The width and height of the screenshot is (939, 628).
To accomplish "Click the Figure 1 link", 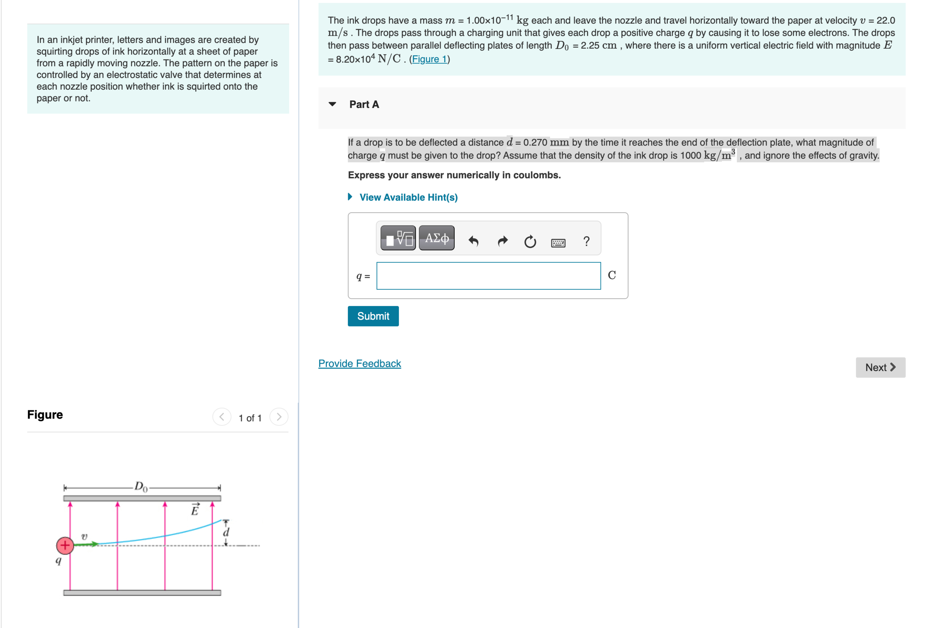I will click(429, 59).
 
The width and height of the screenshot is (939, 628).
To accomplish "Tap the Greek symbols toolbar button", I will click(436, 238).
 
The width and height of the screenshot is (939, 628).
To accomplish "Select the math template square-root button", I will click(398, 238).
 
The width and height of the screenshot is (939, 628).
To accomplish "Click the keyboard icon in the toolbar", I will click(558, 243).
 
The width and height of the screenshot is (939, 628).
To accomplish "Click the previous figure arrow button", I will click(222, 417).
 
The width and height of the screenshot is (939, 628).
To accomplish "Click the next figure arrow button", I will click(279, 417).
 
